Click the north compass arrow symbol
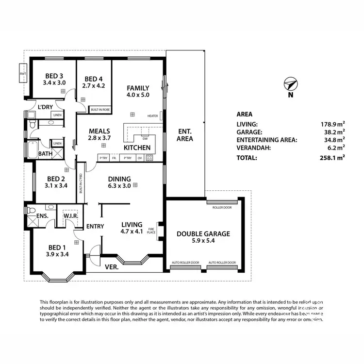pos(291,84)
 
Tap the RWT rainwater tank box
pos(22,73)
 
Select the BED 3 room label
pos(54,76)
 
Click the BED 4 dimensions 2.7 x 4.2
pos(94,86)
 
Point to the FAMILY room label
pos(138,88)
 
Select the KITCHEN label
pos(137,148)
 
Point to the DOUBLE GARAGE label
pos(203,233)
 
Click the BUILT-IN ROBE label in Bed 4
pos(100,110)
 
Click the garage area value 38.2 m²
pos(335,132)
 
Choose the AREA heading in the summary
pos(244,115)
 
